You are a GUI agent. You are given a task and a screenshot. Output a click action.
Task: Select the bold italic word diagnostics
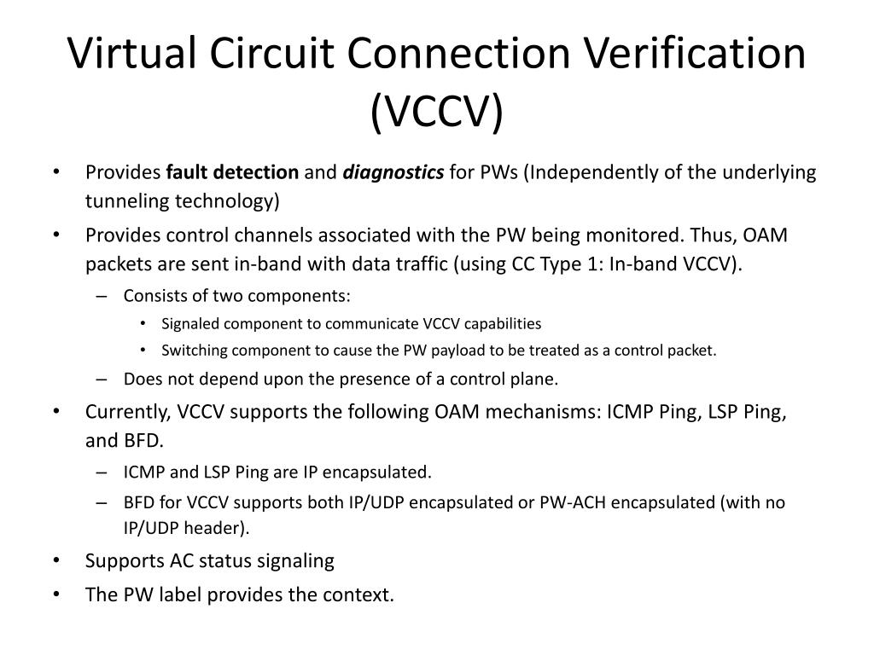(x=393, y=173)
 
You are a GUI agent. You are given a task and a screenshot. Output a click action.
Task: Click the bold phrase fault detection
(x=232, y=173)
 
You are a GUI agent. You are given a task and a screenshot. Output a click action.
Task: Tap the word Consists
(x=154, y=296)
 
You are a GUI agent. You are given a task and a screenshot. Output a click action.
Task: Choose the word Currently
(x=128, y=412)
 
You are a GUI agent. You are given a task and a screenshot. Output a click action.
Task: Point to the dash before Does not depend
(x=103, y=379)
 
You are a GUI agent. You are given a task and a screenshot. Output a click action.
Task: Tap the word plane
(x=537, y=379)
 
